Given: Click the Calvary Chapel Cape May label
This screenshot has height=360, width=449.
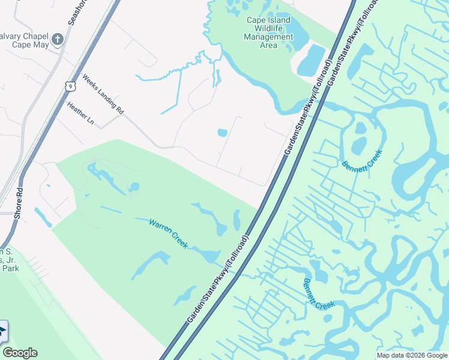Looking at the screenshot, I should pyautogui.click(x=24, y=39).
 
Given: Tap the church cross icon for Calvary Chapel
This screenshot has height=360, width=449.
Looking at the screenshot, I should pyautogui.click(x=58, y=40).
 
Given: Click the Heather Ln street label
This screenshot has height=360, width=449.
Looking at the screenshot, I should pyautogui.click(x=81, y=113).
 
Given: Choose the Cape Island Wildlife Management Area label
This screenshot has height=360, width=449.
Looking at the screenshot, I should pyautogui.click(x=268, y=32).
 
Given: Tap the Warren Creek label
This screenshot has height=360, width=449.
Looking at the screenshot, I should pyautogui.click(x=169, y=233).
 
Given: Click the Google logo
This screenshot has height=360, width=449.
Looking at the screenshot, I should pyautogui.click(x=20, y=353).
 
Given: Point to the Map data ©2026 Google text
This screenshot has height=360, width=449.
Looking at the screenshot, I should pyautogui.click(x=412, y=355).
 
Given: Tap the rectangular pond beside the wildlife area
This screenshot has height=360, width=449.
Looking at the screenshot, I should pyautogui.click(x=311, y=60).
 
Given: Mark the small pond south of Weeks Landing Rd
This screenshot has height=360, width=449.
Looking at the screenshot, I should pyautogui.click(x=222, y=133).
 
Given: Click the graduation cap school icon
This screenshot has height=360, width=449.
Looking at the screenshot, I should pyautogui.click(x=2, y=331).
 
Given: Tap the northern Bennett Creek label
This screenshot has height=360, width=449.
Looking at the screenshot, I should pyautogui.click(x=362, y=156).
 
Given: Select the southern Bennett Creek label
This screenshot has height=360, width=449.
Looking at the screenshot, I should pyautogui.click(x=318, y=294).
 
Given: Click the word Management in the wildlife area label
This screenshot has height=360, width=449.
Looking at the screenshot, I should pyautogui.click(x=268, y=37).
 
